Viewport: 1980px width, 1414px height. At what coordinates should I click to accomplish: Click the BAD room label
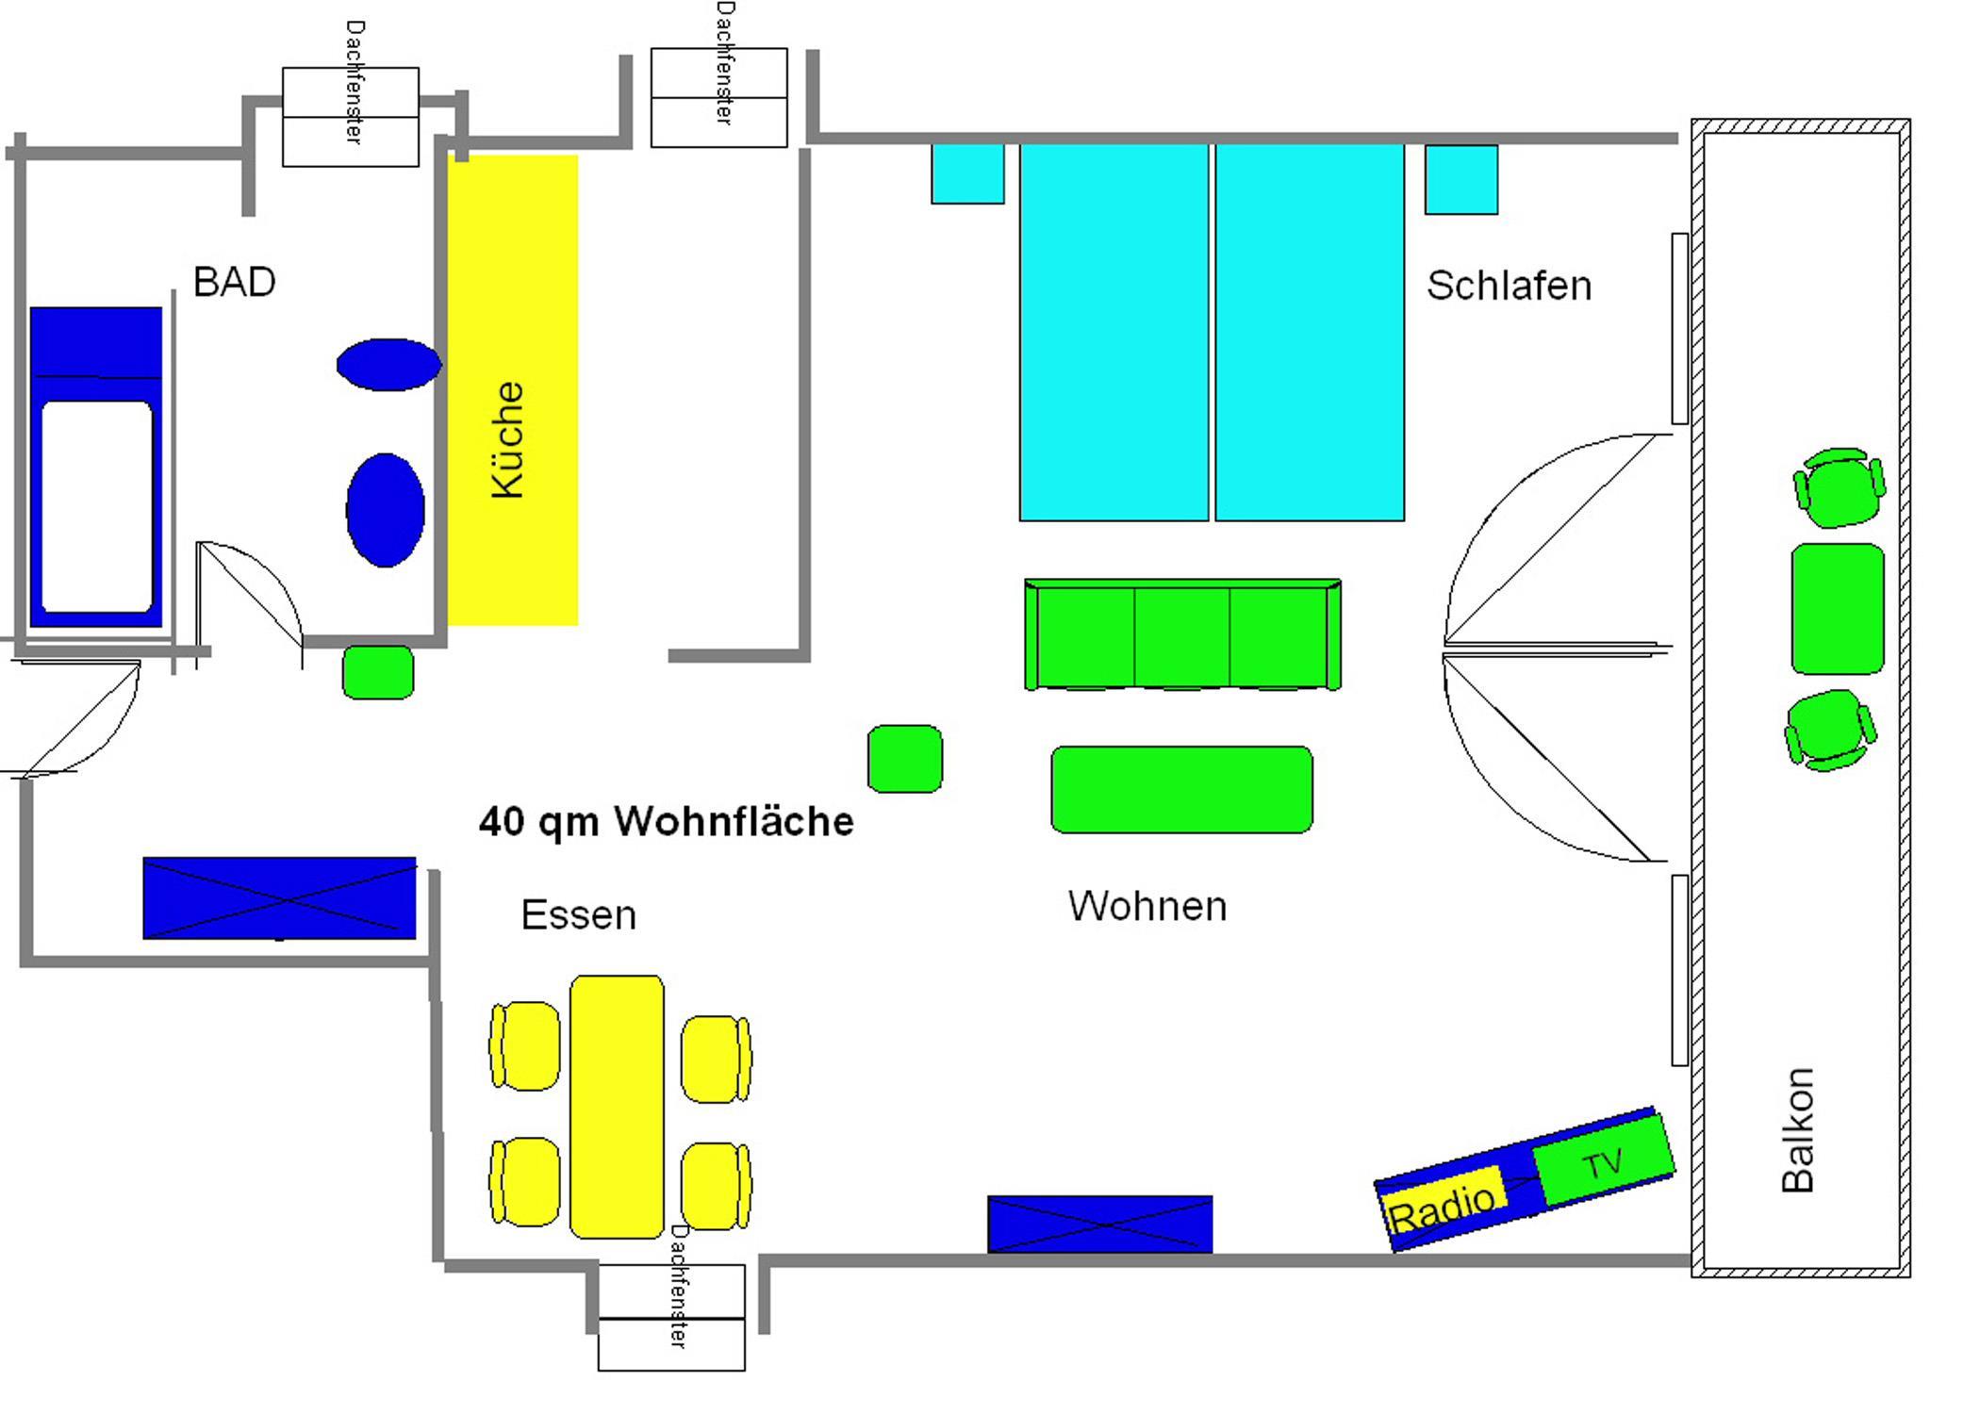point(234,282)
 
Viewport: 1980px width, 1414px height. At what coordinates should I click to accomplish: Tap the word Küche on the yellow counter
point(508,439)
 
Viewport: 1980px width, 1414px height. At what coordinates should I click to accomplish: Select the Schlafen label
point(1508,286)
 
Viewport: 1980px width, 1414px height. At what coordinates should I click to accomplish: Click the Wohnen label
point(1147,906)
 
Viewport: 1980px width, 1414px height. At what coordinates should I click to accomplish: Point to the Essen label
point(578,915)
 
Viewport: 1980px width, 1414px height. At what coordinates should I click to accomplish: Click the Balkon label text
point(1797,1130)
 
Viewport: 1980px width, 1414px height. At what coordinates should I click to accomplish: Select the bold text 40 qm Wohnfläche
point(666,821)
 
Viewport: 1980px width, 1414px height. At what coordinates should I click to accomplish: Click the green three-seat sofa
point(1182,635)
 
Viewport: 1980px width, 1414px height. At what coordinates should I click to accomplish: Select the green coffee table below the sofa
point(1181,790)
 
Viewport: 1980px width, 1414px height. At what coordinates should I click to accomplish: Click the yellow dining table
point(617,1107)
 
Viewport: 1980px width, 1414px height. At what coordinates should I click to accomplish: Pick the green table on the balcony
point(1837,609)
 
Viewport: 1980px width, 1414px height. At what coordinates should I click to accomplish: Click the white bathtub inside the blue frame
point(97,506)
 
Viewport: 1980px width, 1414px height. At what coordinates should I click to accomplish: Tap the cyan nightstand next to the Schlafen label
point(1460,180)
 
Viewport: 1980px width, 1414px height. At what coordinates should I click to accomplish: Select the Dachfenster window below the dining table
point(671,1317)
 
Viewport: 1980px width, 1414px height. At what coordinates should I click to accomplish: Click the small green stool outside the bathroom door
point(378,672)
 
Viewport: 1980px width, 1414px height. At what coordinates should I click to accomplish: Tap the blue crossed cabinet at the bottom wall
point(1099,1224)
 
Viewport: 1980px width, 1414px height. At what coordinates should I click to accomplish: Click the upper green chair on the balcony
point(1839,487)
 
